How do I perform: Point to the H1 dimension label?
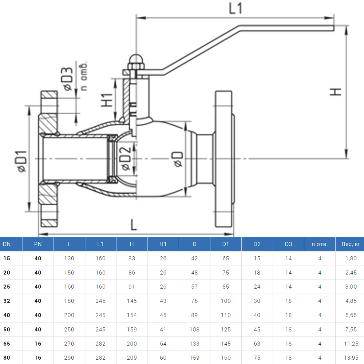click(x=107, y=100)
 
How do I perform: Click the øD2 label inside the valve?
click(x=125, y=159)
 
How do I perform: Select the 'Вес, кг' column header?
click(x=351, y=244)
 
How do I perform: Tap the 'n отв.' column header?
click(x=320, y=244)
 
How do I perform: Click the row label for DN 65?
click(x=7, y=344)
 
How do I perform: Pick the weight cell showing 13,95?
click(x=351, y=358)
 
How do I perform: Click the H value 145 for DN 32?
click(x=132, y=301)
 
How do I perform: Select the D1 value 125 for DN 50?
click(x=226, y=329)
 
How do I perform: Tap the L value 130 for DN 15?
click(x=69, y=258)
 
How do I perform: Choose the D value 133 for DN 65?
click(x=194, y=344)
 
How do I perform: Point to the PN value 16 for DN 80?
click(x=38, y=358)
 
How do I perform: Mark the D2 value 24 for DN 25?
click(x=257, y=287)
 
